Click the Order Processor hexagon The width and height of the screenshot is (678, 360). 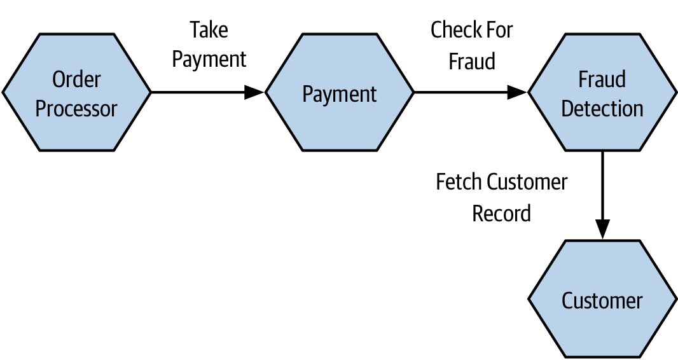[76, 92]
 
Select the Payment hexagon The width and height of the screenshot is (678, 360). [340, 92]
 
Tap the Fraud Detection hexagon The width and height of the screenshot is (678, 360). [602, 92]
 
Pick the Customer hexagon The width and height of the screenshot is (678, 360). [602, 299]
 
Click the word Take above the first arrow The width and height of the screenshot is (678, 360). [209, 30]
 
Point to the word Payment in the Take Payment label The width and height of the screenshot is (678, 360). [209, 60]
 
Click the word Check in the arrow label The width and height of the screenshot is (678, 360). [455, 30]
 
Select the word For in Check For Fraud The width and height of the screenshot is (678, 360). [498, 30]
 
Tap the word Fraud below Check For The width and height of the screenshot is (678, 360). [472, 60]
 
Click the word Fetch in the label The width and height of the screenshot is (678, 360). [459, 181]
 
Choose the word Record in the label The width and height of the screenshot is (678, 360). [502, 213]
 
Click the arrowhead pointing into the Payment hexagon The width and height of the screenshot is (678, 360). [254, 92]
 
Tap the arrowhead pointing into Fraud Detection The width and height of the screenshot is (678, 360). [517, 92]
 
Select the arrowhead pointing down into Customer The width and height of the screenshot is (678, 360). [602, 230]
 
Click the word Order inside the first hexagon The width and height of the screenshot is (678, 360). [76, 80]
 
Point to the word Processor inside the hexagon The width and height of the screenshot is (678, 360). [76, 108]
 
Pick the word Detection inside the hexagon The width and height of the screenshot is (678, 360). [602, 108]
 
